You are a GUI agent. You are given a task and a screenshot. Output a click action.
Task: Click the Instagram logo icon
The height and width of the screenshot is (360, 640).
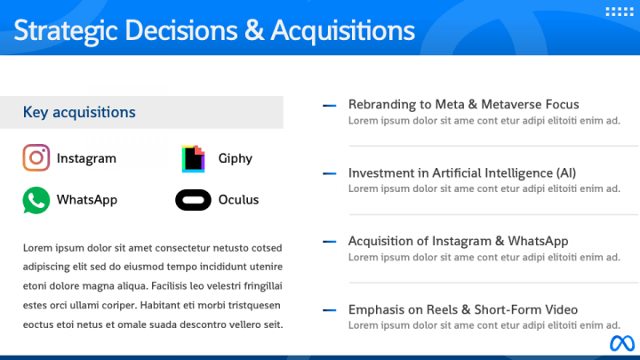36,158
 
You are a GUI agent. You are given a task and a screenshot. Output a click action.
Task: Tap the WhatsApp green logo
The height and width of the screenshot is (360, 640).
36,200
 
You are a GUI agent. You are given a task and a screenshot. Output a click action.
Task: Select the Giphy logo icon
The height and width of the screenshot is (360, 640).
194,158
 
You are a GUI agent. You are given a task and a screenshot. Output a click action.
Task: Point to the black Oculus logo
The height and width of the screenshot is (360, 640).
193,200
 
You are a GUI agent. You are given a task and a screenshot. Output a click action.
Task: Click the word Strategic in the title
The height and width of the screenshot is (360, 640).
66,30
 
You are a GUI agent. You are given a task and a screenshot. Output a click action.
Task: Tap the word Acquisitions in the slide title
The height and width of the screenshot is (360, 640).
342,30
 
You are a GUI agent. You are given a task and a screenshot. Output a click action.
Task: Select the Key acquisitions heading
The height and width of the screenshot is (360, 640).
79,112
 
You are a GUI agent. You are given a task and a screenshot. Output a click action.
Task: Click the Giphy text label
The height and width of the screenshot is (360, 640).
236,158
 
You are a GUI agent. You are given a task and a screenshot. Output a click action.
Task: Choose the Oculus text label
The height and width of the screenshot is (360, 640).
238,200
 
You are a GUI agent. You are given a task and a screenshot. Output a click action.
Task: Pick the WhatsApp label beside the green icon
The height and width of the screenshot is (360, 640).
87,200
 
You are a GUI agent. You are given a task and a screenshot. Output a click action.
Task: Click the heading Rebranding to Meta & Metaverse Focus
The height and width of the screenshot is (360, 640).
463,104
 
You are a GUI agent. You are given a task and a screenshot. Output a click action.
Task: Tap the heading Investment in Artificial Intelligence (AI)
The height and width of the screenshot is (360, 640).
462,172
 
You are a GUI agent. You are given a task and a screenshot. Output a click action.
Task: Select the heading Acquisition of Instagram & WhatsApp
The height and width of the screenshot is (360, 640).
458,241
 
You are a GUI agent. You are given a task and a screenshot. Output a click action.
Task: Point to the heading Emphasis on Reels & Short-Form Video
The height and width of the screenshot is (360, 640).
463,309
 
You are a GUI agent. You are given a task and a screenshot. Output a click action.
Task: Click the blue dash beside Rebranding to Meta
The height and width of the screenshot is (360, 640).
329,105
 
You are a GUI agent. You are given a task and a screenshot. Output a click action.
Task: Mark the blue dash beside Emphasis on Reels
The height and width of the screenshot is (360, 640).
329,310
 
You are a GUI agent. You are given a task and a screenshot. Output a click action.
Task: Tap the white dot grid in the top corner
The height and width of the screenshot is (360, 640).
618,12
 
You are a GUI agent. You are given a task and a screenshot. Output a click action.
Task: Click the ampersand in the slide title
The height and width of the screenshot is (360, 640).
254,30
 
